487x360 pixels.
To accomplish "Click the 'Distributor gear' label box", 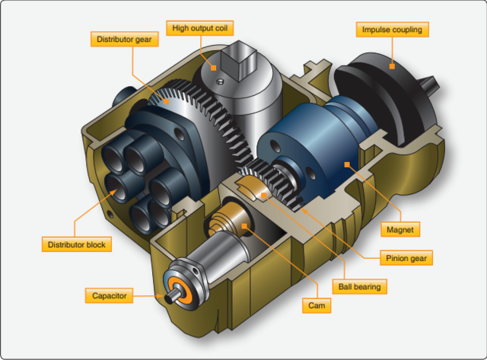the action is click(125, 39).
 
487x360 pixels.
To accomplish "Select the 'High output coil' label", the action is click(199, 28).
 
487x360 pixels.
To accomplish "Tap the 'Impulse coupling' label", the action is click(392, 30).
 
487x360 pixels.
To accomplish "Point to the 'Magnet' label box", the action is click(400, 230).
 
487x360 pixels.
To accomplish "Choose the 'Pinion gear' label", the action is click(406, 258).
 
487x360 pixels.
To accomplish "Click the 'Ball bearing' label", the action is click(359, 286).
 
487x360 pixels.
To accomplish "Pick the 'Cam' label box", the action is click(317, 305).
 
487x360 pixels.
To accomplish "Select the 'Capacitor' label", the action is click(109, 295).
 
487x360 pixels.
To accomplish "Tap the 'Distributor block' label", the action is click(76, 244).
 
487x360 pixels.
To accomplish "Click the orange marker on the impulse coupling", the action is click(392, 66).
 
